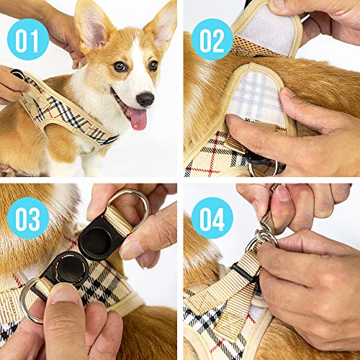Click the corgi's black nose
tap(145, 99)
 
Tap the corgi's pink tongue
tap(137, 119)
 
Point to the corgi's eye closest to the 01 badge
tap(120, 67)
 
